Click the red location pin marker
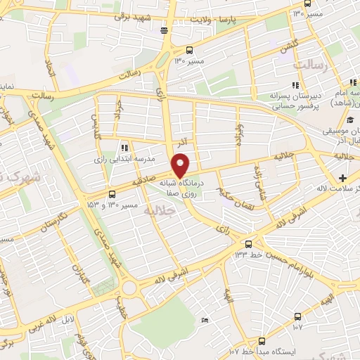(181, 165)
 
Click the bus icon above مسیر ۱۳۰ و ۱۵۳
(112, 193)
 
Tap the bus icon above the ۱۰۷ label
(297, 315)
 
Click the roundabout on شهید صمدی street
(129, 288)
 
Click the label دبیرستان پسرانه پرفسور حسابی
(293, 101)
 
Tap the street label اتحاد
(49, 69)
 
